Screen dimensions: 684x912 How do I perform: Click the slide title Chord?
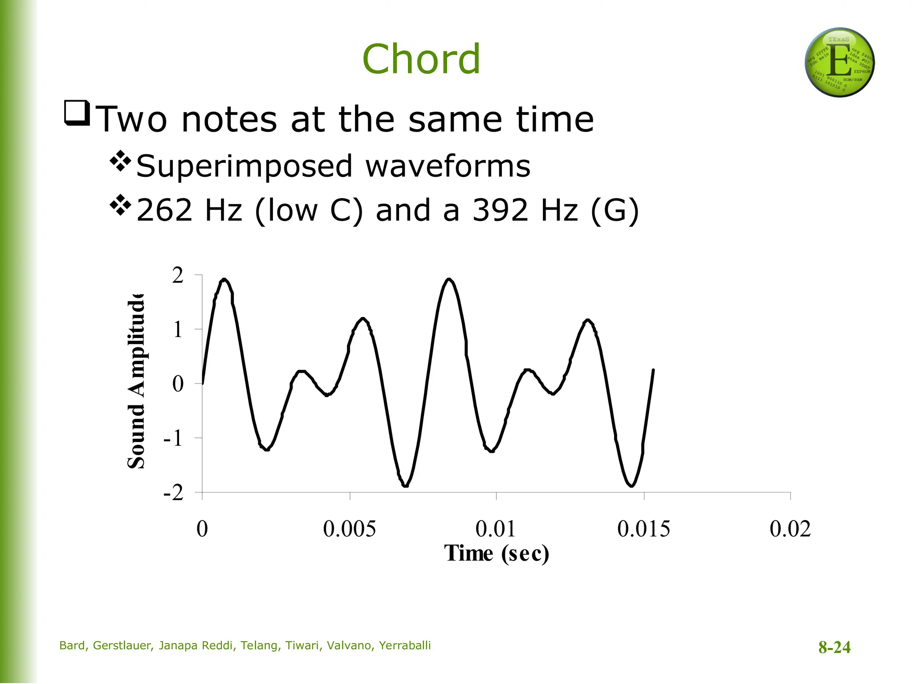pyautogui.click(x=421, y=59)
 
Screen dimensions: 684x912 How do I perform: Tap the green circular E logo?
pyautogui.click(x=839, y=63)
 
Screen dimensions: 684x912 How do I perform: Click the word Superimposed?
pyautogui.click(x=244, y=166)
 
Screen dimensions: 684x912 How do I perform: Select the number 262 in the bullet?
pyautogui.click(x=164, y=210)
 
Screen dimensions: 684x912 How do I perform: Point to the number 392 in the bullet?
pyautogui.click(x=500, y=210)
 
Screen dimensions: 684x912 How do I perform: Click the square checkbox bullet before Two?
pyautogui.click(x=77, y=113)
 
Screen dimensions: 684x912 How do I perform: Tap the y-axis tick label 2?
pyautogui.click(x=178, y=276)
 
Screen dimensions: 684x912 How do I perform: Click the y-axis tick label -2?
pyautogui.click(x=174, y=493)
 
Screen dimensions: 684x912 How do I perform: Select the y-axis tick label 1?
pyautogui.click(x=178, y=330)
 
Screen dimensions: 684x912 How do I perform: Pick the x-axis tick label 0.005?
pyautogui.click(x=349, y=529)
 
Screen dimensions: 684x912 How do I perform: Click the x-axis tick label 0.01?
pyautogui.click(x=496, y=529)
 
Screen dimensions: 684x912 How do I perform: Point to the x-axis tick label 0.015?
pyautogui.click(x=643, y=529)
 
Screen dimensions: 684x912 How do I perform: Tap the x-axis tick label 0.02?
pyautogui.click(x=790, y=529)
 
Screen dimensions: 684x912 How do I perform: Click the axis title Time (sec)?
pyautogui.click(x=497, y=554)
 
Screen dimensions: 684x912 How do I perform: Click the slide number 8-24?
pyautogui.click(x=834, y=647)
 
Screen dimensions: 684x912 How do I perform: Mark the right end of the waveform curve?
pyautogui.click(x=653, y=370)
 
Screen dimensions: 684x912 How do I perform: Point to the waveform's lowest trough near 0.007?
pyautogui.click(x=405, y=485)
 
